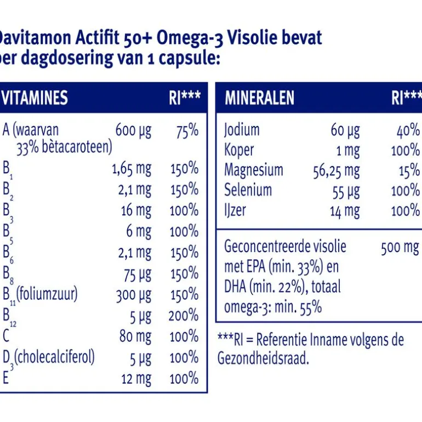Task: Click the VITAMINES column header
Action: (x=35, y=98)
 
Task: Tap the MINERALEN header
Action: (x=259, y=98)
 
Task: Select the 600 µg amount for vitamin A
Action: (x=133, y=130)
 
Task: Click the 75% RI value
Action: (x=187, y=131)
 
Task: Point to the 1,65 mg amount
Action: (x=132, y=169)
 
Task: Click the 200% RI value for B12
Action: (x=184, y=315)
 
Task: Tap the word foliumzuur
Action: (x=48, y=294)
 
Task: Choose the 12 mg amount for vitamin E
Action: (x=136, y=378)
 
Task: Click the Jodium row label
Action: (x=242, y=130)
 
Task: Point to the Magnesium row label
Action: (x=254, y=170)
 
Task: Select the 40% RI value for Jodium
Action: (x=408, y=130)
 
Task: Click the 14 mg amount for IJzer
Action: (x=345, y=210)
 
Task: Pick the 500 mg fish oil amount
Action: (x=400, y=247)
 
